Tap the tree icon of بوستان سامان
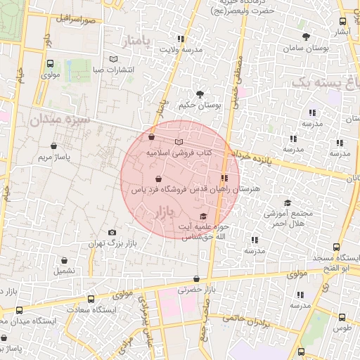tap(306, 37)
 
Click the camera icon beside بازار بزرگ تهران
tap(112, 233)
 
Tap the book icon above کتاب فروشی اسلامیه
tap(177, 143)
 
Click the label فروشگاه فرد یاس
tap(158, 189)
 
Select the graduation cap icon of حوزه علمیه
tap(203, 216)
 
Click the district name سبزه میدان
tap(59, 120)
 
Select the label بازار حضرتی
tap(195, 288)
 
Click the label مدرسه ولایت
tap(181, 49)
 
